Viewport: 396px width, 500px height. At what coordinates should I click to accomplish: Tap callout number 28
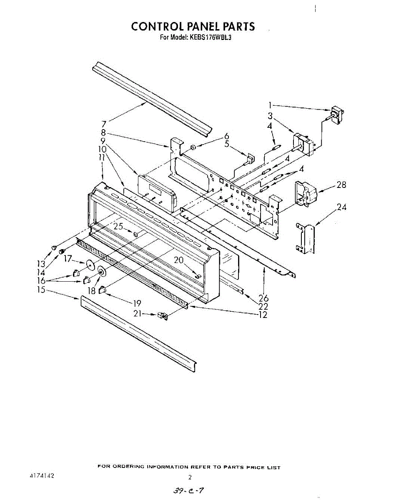click(341, 185)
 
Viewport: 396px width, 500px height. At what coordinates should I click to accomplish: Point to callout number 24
click(342, 207)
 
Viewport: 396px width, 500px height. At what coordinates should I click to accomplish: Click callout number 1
click(270, 105)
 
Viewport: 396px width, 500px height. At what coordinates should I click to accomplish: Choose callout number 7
click(103, 124)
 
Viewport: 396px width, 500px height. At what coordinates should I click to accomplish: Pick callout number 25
click(118, 227)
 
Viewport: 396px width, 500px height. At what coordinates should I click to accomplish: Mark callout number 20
click(179, 260)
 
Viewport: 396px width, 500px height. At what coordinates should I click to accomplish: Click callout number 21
click(138, 314)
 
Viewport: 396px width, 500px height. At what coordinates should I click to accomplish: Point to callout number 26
click(263, 298)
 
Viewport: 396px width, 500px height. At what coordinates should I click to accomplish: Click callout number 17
click(68, 259)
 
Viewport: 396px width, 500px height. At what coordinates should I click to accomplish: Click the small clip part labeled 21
click(162, 316)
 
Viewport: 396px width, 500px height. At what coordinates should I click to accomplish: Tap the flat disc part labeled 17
click(90, 265)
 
